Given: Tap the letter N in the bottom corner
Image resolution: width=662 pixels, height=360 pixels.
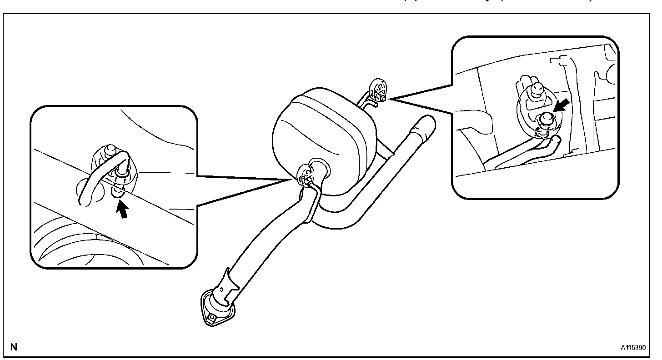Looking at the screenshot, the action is pyautogui.click(x=14, y=347).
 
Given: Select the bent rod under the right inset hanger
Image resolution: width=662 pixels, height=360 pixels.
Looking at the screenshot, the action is pyautogui.click(x=518, y=155).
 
